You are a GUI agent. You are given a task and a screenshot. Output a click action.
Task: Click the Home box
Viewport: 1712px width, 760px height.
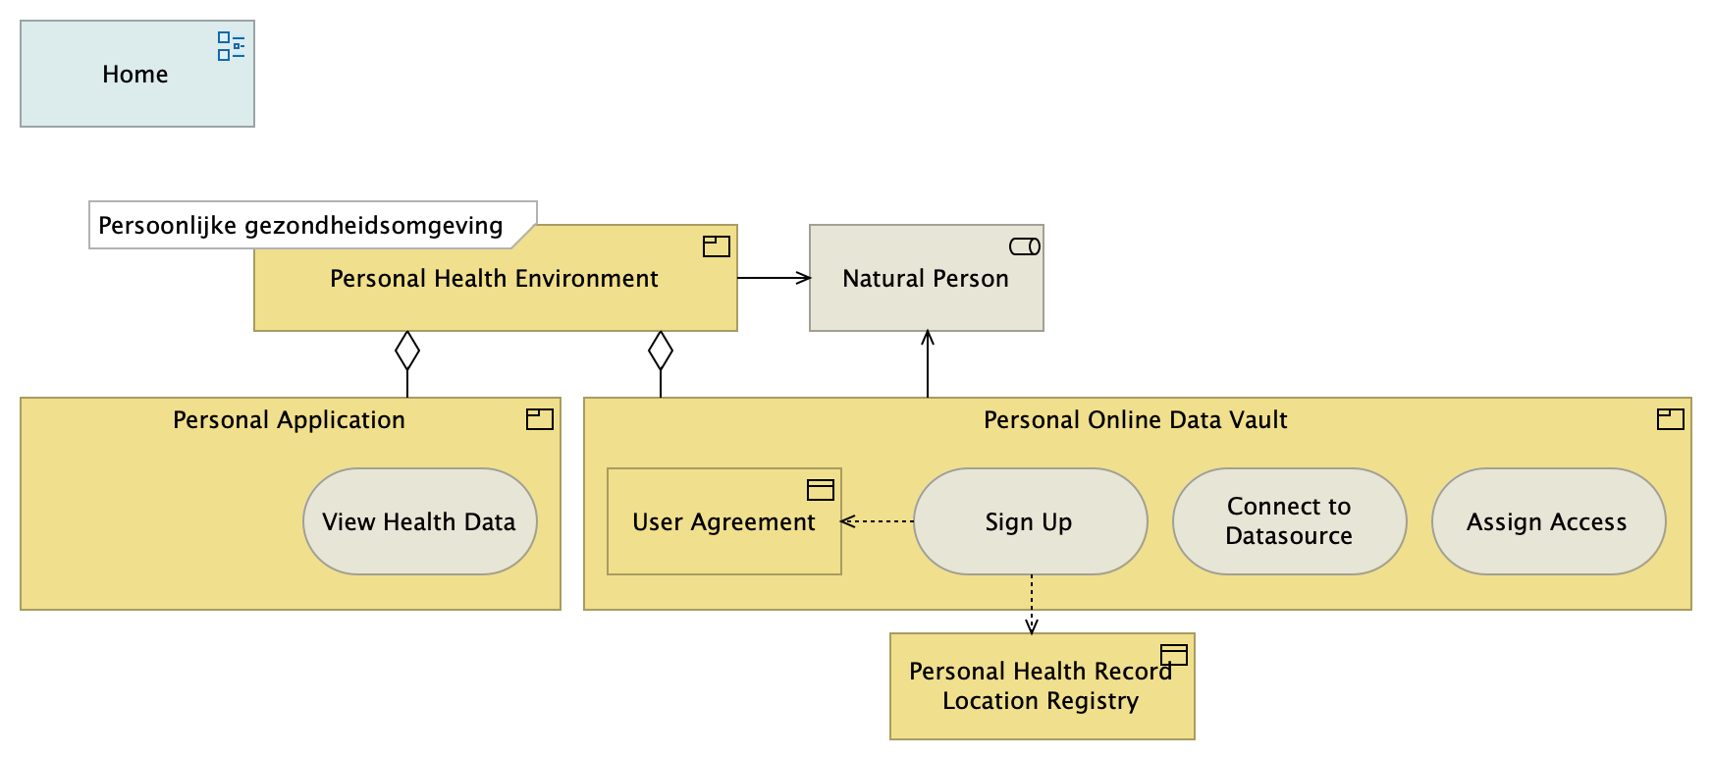tap(135, 75)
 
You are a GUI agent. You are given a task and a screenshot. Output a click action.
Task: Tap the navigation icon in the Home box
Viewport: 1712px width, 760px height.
tap(231, 46)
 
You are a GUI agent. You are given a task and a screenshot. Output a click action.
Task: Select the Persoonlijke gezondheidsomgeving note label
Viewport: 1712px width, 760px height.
tap(300, 226)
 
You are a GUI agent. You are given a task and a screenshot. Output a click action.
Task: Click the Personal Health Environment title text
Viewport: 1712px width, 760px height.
tap(494, 279)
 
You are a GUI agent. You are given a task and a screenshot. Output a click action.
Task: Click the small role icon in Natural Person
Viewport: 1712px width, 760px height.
tap(1025, 246)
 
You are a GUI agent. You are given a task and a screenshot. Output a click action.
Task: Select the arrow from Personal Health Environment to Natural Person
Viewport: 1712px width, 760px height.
tap(774, 278)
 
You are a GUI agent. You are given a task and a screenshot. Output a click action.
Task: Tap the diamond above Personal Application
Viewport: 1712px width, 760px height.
tap(407, 351)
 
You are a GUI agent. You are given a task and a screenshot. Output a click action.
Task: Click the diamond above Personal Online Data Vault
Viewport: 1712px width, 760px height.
tap(661, 351)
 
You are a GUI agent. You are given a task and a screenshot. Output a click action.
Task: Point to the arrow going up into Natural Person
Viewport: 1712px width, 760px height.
tap(928, 363)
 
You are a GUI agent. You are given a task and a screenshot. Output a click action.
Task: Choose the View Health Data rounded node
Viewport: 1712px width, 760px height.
tap(419, 521)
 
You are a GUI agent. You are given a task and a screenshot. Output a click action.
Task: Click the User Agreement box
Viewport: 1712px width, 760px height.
tap(723, 521)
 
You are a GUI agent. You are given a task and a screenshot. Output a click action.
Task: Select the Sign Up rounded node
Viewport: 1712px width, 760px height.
tap(1029, 521)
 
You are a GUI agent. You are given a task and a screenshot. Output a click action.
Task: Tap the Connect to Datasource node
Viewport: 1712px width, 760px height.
tap(1289, 521)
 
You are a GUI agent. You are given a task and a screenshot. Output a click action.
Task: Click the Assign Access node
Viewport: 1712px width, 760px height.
tap(1547, 521)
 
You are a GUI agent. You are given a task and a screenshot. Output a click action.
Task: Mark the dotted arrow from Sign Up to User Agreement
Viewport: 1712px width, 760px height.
tap(878, 521)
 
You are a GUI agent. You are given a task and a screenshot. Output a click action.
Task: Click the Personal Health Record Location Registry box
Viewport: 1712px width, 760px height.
tap(1041, 686)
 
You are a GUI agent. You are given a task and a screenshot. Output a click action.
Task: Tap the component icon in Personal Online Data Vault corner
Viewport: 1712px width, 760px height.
tap(1670, 419)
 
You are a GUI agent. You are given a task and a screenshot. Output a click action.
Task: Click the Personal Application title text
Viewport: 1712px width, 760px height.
tap(289, 420)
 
